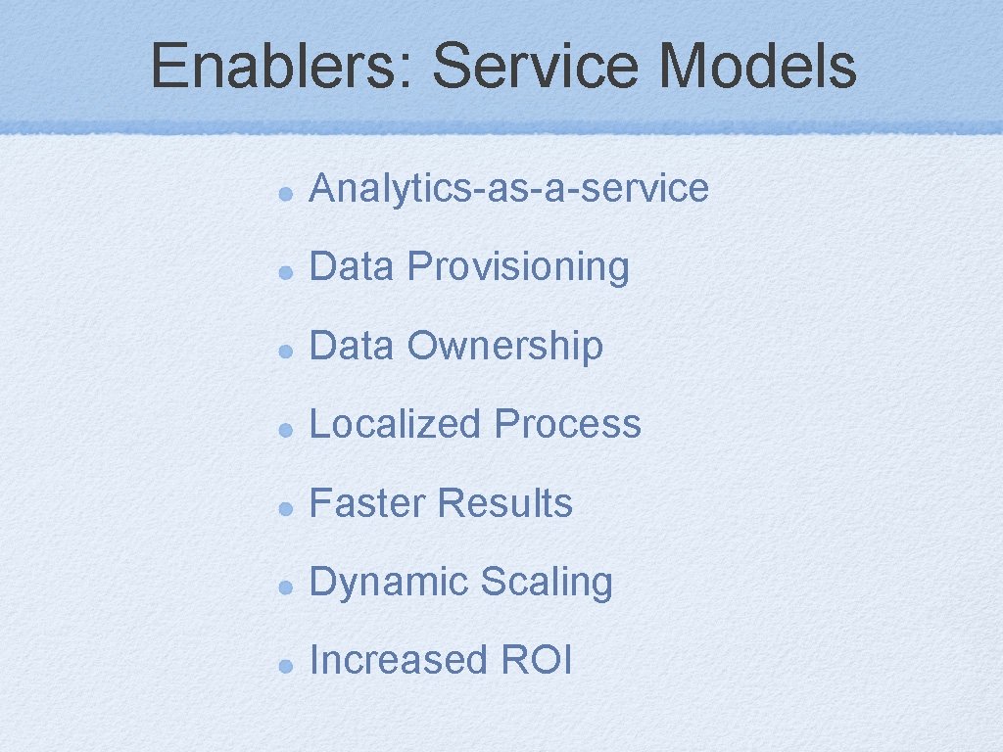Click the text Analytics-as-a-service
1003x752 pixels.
pyautogui.click(x=508, y=188)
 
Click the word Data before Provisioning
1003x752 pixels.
pyautogui.click(x=351, y=266)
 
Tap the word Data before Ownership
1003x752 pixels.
pyautogui.click(x=351, y=346)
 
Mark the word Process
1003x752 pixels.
pyautogui.click(x=567, y=424)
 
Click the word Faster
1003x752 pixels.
pyautogui.click(x=367, y=503)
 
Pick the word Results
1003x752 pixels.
pyautogui.click(x=504, y=503)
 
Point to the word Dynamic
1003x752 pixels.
pyautogui.click(x=388, y=582)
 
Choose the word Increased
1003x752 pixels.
pyautogui.click(x=398, y=660)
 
